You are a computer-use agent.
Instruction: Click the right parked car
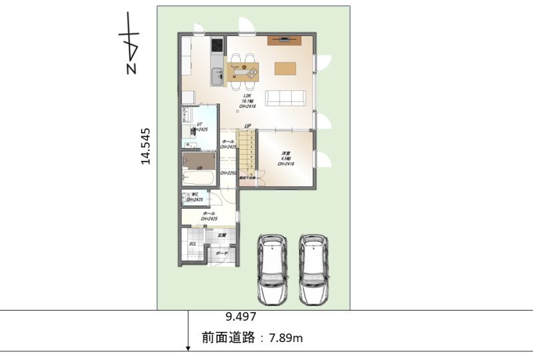(x=315, y=269)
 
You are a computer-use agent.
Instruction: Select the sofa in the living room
(x=286, y=99)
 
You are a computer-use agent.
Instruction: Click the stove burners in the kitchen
(x=217, y=46)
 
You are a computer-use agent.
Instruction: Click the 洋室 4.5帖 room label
(x=286, y=158)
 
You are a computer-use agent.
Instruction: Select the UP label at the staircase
(x=247, y=126)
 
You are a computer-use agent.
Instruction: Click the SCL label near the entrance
(x=193, y=244)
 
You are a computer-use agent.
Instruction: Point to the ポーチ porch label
(x=221, y=253)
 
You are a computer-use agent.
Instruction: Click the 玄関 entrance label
(x=223, y=235)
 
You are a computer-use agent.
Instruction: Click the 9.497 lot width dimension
(x=241, y=318)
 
